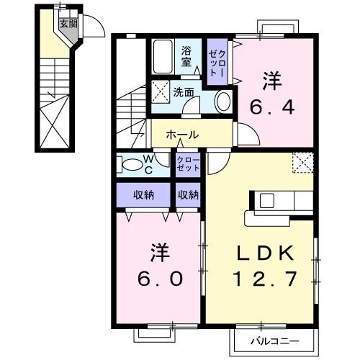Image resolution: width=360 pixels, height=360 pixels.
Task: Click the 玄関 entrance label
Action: coord(67,24)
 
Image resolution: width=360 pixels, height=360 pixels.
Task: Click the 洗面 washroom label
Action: coord(183,92)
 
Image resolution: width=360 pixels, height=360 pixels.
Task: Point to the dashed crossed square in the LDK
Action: coord(303,163)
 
